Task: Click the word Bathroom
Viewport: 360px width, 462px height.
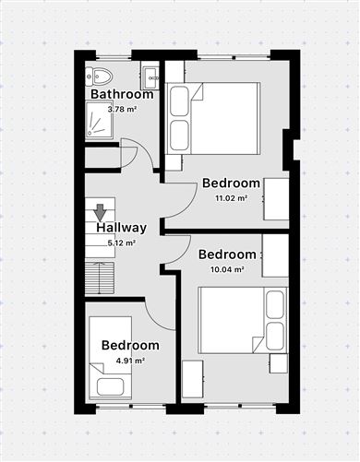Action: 122,94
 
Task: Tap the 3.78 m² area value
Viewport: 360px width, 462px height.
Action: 122,110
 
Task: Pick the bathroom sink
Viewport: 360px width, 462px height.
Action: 150,75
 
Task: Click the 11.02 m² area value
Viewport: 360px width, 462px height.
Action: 231,198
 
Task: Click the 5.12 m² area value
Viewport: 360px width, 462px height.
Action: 122,243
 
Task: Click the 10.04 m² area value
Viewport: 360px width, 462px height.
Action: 227,270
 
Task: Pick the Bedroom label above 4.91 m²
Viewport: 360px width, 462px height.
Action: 130,345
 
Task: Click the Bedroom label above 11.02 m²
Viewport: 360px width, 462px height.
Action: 231,183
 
